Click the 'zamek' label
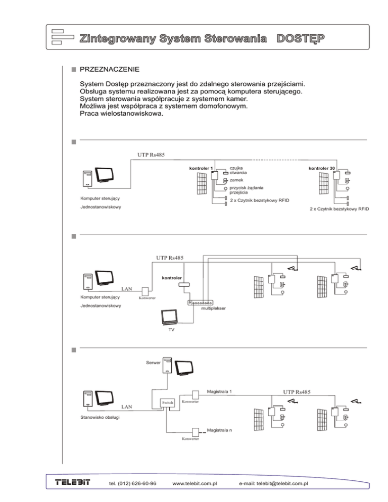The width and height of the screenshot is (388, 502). [236, 179]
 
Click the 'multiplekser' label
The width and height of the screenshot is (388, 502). [213, 308]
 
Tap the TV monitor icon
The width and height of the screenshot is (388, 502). [169, 317]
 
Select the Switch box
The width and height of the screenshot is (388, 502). [167, 403]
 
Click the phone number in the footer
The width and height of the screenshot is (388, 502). [132, 484]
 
